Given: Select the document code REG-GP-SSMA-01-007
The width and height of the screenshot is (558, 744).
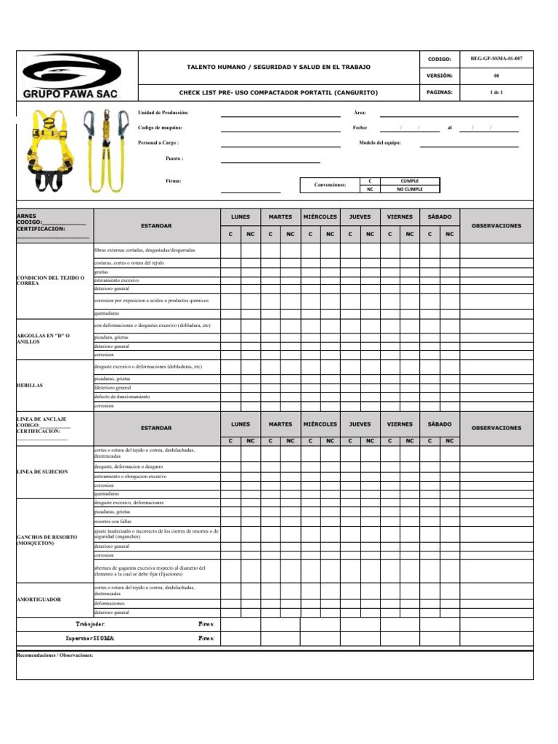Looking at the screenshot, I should point(496,57).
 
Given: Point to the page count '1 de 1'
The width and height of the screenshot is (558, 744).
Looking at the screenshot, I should point(496,92).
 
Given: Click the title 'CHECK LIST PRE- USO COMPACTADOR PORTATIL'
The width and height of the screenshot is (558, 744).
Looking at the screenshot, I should point(279,93).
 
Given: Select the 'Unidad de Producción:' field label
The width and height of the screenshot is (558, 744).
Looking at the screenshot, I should point(163,113).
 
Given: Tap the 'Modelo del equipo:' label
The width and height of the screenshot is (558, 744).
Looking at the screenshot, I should point(379,142).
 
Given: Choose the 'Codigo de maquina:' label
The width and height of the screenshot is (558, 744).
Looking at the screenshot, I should point(161,128).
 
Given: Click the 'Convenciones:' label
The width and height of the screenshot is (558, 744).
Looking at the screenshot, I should point(330,185).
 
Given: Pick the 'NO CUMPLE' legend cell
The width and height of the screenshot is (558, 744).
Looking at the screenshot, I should point(409,189).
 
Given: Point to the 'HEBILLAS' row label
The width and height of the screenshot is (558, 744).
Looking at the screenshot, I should point(30,385).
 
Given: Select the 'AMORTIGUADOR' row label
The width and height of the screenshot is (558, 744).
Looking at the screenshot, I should point(39,599).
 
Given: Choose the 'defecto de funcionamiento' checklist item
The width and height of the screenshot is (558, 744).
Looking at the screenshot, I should point(122,397).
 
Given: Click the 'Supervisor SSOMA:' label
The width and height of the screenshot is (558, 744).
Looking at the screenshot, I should point(90,638).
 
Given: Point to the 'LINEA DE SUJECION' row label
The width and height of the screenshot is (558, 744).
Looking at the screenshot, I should point(42,472).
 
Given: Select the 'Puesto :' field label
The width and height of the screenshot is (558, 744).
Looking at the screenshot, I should point(174,158).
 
